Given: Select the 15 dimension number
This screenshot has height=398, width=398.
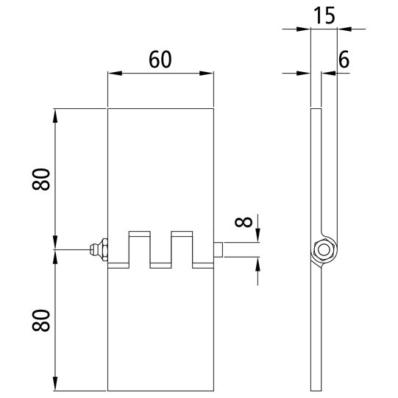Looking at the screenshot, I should click(x=324, y=15).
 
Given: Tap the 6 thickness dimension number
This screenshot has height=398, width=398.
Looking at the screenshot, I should click(x=343, y=62).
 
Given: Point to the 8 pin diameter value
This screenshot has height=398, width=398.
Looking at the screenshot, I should click(x=245, y=220).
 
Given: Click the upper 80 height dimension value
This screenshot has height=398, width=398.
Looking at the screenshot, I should click(x=43, y=179).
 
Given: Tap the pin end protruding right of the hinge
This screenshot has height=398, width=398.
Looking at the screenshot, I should click(x=218, y=250).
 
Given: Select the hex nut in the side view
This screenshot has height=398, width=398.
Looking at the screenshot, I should click(x=321, y=250).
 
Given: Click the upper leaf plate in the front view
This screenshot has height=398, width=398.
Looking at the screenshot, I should click(x=160, y=169).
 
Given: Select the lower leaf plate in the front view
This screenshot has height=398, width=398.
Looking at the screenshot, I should click(x=160, y=331).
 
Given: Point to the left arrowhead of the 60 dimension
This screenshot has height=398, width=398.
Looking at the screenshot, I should click(x=113, y=73).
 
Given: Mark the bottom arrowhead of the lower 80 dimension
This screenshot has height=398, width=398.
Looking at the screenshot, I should click(x=55, y=385).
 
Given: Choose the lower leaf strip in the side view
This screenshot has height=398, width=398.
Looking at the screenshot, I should click(x=316, y=331).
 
